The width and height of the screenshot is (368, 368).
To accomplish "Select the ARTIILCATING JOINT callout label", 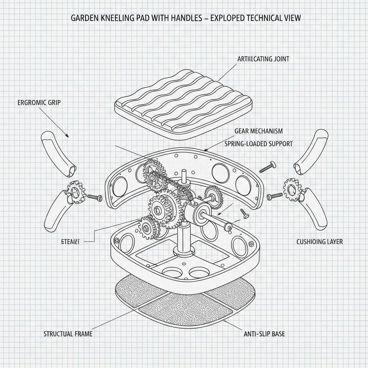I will coord(263,59).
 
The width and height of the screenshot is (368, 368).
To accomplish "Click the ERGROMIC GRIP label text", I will coord(39,102).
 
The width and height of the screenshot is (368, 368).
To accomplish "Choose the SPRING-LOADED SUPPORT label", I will coord(258,144).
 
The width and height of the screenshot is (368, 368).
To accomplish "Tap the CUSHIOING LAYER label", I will coord(319,242).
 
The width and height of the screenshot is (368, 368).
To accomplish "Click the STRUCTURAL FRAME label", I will coord(68,334).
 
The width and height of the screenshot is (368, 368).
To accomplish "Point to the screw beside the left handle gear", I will coord(95,197).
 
